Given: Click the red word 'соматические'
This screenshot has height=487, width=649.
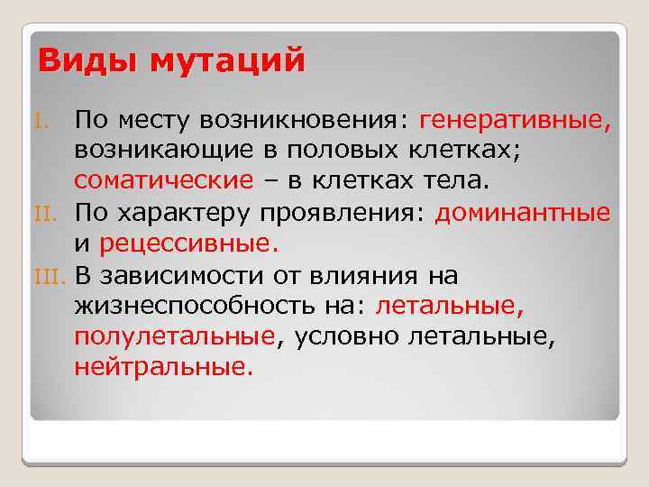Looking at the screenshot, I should pos(163,181).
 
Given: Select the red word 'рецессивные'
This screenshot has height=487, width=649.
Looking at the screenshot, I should pos(184,243).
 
